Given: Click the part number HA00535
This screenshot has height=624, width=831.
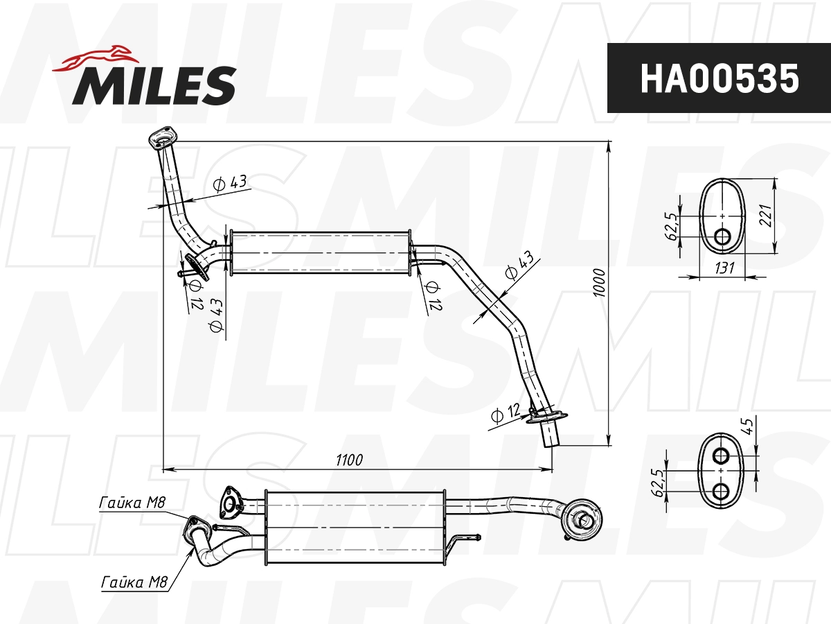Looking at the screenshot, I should coord(719,78).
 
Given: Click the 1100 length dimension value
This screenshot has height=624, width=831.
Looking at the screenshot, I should coord(349,460).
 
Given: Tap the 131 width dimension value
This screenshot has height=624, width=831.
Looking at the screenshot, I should coord(724,268).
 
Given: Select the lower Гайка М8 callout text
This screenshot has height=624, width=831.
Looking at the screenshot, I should coord(134,582).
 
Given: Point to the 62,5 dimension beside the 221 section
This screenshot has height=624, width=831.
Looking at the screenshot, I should coord(671,226).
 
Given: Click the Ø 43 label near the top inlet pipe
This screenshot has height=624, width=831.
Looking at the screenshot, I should coord(230,183).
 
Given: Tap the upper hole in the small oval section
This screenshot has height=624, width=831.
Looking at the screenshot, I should coord(721,456).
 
